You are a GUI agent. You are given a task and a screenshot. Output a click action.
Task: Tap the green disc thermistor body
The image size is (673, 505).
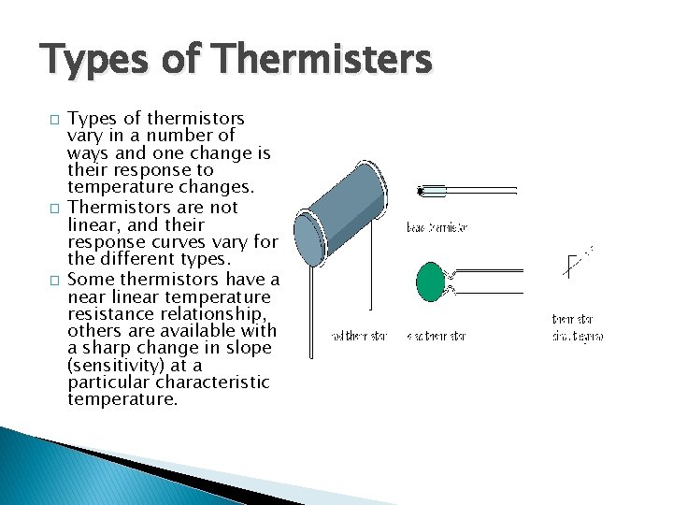431,281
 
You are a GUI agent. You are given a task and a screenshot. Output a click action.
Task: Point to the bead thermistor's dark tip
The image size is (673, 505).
422,192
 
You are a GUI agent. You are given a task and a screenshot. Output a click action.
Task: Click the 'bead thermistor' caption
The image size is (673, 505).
437,227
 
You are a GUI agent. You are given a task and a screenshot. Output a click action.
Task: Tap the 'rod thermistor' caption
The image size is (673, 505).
359,336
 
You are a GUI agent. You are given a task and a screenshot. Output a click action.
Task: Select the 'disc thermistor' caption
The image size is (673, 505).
436,336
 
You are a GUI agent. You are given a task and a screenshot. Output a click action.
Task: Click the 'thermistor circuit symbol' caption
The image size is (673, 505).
577,327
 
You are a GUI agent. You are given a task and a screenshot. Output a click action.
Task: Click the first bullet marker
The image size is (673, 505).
55,120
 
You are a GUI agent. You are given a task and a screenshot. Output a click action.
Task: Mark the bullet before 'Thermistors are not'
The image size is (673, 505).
55,208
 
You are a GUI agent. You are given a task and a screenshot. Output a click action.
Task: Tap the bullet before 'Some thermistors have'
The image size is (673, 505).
55,279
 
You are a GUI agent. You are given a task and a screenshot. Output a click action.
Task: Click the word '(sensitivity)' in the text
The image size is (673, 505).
118,366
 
